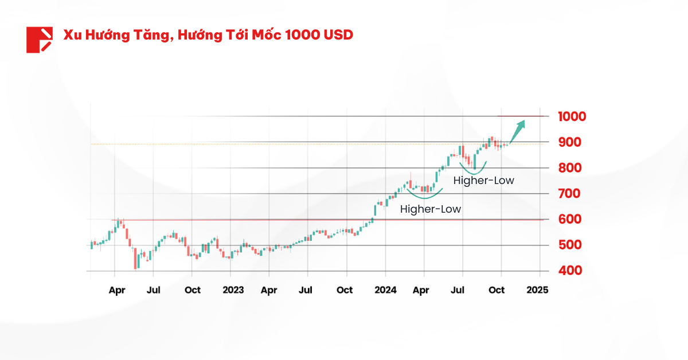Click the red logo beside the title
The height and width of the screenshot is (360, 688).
point(39,40)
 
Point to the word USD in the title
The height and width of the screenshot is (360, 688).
point(338,35)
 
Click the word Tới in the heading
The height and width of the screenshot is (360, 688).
point(230,35)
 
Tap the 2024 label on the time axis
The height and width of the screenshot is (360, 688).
point(385,290)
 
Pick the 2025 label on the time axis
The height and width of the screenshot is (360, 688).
point(537,290)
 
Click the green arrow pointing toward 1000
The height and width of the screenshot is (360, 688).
point(517,129)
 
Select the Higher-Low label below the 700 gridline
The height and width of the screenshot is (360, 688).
point(431,209)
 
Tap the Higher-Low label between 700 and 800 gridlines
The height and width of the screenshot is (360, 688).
point(484,181)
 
